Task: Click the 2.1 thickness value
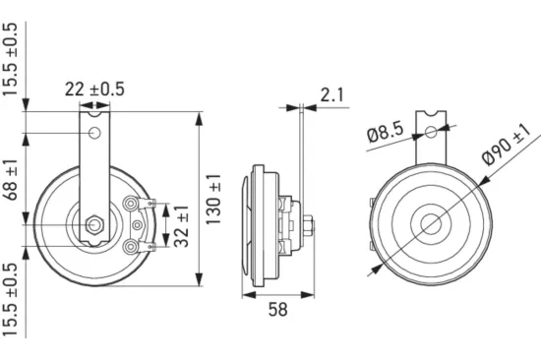point(331,94)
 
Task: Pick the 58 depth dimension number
point(278,312)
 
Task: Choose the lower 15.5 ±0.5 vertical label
point(11,300)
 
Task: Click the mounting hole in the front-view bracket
point(95,133)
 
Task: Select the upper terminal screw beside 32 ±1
point(132,205)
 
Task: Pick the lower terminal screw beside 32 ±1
point(132,244)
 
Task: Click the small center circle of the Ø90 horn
point(431,222)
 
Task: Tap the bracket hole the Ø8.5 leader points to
point(431,130)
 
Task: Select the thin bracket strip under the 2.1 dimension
point(297,148)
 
